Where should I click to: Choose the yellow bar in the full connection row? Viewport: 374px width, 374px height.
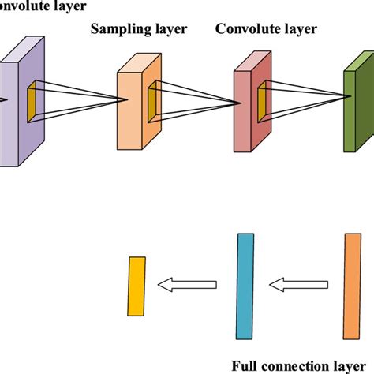tap(138, 285)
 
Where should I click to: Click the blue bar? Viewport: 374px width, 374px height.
tap(245, 286)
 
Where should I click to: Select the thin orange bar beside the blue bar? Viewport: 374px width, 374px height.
tap(351, 286)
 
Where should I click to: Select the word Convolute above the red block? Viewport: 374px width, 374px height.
tap(243, 30)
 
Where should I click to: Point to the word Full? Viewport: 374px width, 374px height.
tap(246, 366)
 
